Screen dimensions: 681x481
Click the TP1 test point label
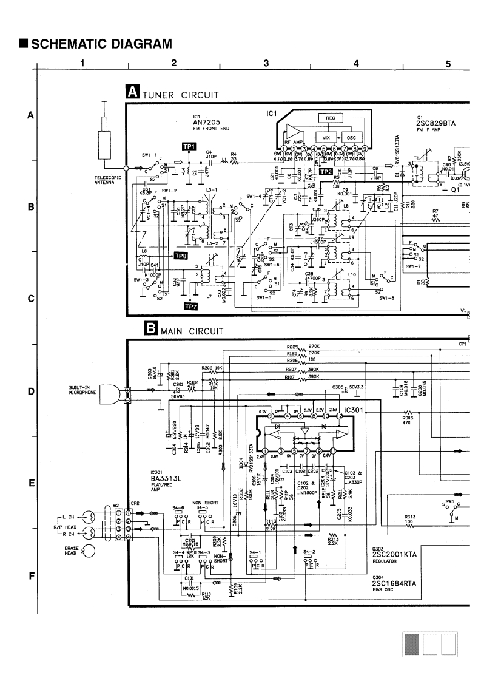tap(189, 147)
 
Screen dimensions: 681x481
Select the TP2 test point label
tap(326, 172)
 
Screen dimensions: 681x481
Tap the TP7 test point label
tap(190, 306)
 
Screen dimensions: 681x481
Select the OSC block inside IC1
tap(350, 137)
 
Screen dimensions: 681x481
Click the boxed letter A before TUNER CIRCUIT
tap(132, 92)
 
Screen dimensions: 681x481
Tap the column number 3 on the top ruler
tap(266, 63)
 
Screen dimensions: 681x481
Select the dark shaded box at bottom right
tap(412, 644)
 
